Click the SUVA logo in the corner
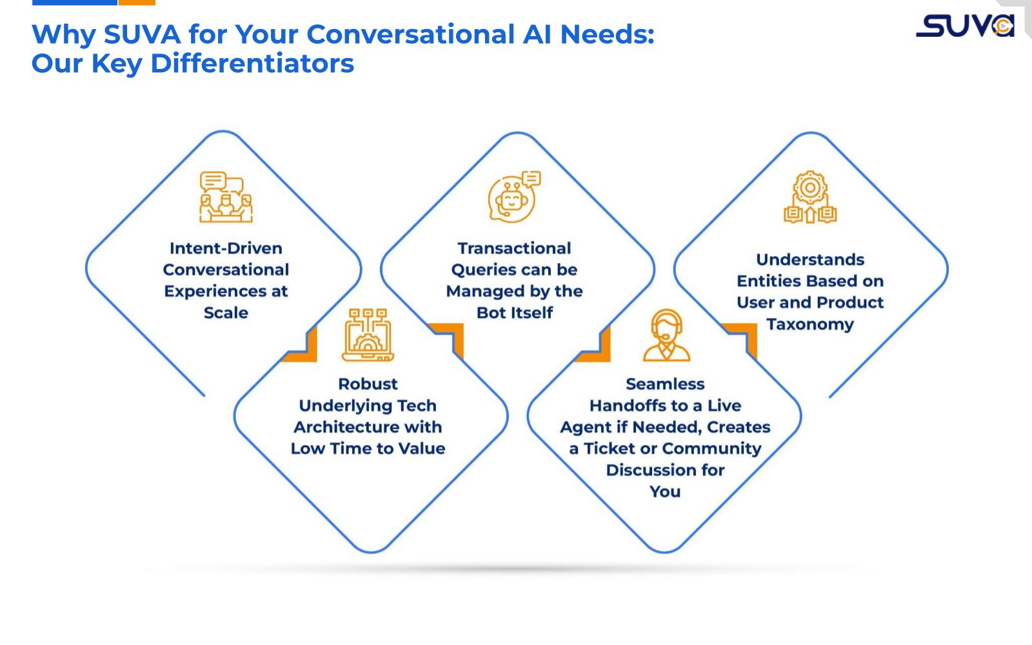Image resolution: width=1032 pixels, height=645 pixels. tap(965, 26)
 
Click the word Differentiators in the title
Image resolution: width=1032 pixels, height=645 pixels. tap(252, 63)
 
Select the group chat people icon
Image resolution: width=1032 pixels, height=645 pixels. tap(225, 197)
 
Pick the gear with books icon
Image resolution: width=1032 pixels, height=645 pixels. tap(810, 197)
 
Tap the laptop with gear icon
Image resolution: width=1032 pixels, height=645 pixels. tap(368, 335)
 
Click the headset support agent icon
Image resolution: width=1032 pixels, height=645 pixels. tap(666, 335)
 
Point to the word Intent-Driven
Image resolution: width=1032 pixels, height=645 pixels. tap(226, 248)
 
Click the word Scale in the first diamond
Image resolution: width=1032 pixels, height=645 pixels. tap(226, 313)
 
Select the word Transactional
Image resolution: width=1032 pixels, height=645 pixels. tap(514, 248)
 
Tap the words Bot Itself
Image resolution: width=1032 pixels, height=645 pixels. tap(514, 313)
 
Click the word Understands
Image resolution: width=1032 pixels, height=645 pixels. tap(810, 259)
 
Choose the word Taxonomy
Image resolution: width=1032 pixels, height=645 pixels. tap(810, 324)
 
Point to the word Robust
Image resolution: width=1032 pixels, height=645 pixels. tap(368, 384)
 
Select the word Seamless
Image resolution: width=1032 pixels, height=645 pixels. tap(665, 384)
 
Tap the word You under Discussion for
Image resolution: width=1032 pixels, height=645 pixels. tap(665, 491)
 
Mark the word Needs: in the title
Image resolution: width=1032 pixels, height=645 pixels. tap(607, 34)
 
